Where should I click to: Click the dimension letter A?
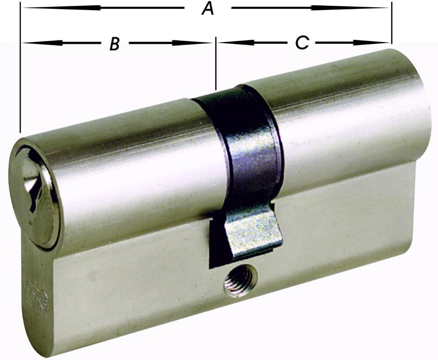pos(208,8)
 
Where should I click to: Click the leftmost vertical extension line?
pos(20,70)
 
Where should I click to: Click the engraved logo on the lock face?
pos(37,298)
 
